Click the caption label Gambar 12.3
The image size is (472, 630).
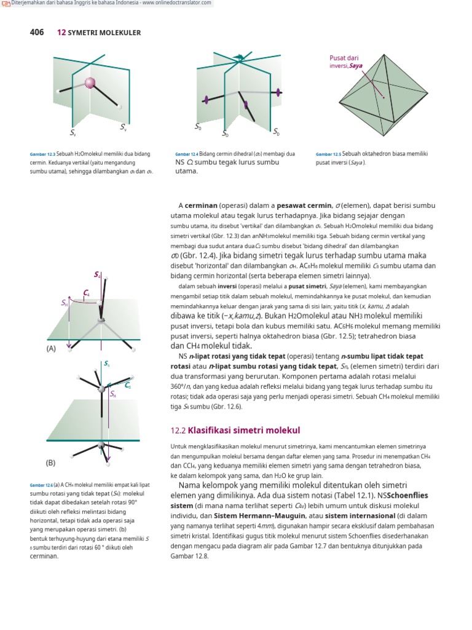42,154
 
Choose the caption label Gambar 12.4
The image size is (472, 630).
186,154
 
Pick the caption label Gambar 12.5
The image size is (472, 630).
328,154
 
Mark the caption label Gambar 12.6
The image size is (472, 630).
42,485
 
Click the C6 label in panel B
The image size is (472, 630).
127,386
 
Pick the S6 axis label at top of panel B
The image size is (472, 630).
107,364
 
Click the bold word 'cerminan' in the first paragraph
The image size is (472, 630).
205,205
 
